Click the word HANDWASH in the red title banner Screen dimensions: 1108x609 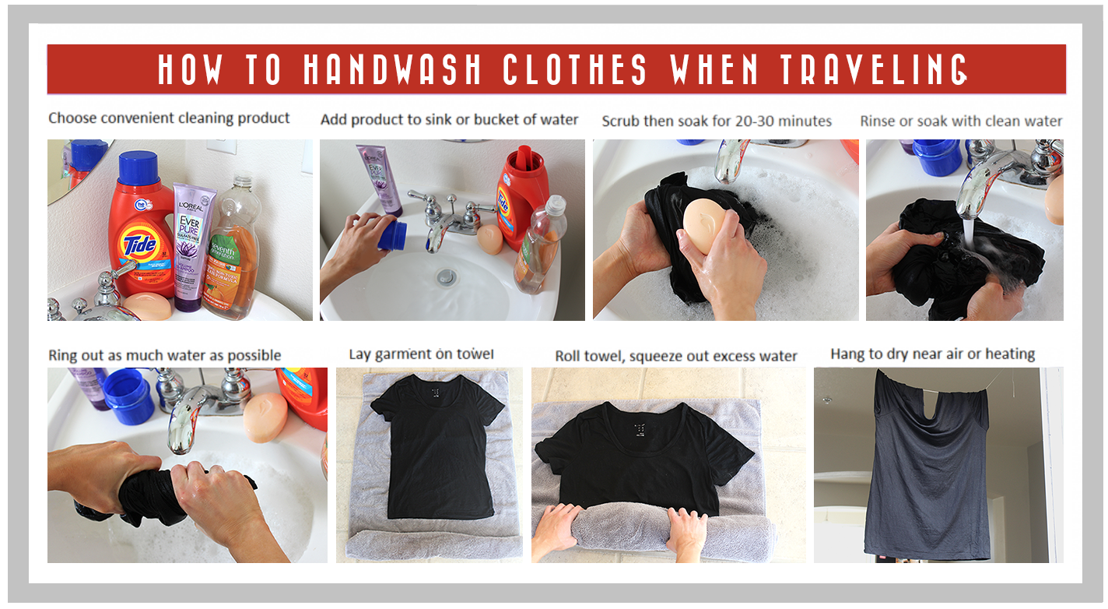coord(391,69)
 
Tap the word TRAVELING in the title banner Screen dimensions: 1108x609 coord(874,69)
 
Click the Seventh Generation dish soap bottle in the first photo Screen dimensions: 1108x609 coord(233,248)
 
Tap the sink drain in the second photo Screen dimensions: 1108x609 coord(447,276)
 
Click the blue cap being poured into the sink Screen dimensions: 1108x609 coord(393,236)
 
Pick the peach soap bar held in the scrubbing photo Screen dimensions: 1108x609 coord(705,225)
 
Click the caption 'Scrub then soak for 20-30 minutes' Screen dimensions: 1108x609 coord(717,121)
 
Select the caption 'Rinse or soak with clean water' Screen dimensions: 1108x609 coord(961,121)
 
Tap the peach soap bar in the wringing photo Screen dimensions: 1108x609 coord(265,417)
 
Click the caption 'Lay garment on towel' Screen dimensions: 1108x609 coord(422,354)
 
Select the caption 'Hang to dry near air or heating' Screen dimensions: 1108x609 coord(933,354)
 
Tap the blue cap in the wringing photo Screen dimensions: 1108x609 coord(128,396)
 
